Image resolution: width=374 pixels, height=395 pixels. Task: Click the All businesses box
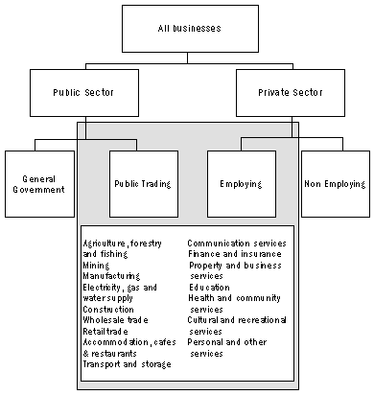coord(188,28)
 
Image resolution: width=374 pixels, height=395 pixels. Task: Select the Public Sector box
coord(86,94)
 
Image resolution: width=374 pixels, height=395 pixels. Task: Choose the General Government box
coord(38,182)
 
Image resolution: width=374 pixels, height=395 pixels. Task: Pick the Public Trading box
coord(143,182)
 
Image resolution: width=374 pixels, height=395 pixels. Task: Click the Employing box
coord(241,182)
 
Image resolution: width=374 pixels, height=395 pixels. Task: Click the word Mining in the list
coord(97,265)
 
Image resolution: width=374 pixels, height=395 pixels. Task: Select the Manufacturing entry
coord(111,275)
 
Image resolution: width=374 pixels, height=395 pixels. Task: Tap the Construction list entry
coord(108,309)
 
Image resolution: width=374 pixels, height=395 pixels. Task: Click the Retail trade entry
coord(105,331)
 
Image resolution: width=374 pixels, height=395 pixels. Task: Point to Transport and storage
coord(127,364)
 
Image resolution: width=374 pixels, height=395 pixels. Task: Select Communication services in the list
coord(236,244)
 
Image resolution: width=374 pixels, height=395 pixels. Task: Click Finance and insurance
coord(233,254)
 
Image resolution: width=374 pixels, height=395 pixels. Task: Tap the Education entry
coord(210,287)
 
